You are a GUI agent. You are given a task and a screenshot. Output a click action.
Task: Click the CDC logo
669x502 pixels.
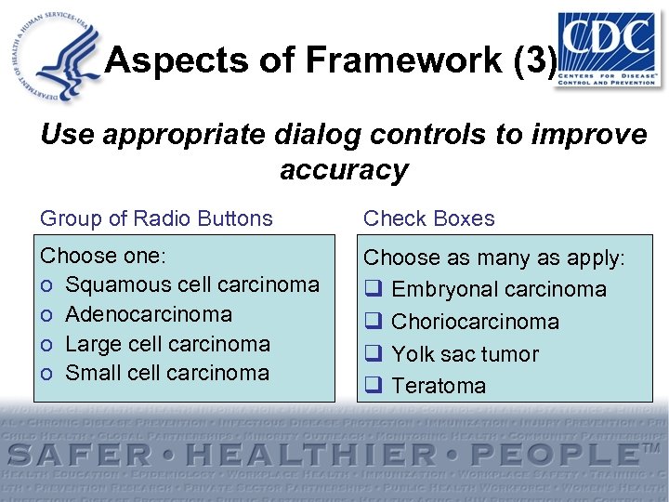point(605,48)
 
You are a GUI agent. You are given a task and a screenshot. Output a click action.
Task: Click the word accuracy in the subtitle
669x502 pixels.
point(343,170)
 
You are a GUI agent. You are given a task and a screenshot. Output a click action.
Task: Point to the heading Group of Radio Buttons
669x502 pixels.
point(156,218)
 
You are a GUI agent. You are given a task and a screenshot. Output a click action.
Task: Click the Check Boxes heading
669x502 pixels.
point(428,218)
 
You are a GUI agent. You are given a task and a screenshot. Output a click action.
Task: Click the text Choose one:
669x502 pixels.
point(101,256)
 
